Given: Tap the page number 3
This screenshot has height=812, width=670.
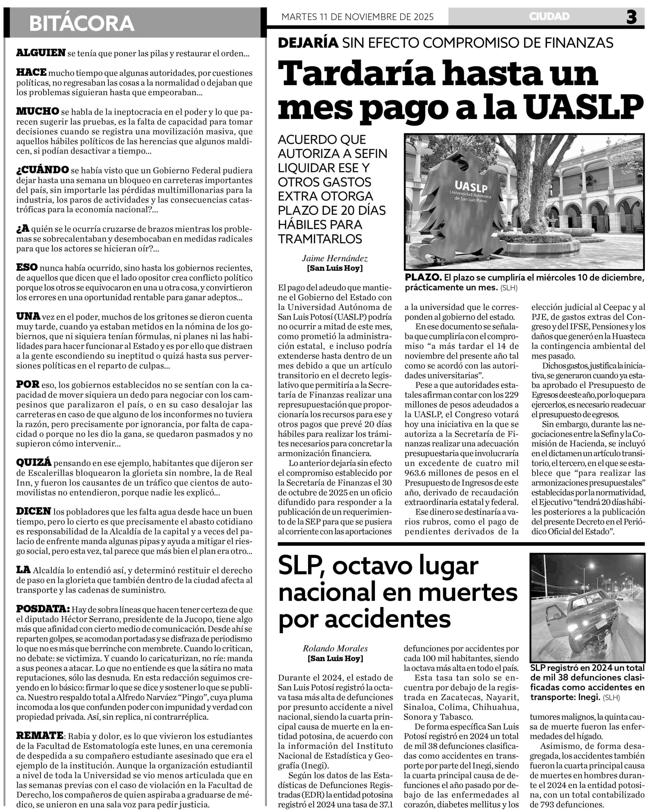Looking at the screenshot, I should click(631, 17).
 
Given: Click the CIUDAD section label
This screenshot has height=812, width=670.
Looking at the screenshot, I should click(549, 16).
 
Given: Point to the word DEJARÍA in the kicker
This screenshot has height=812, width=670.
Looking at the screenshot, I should click(308, 43).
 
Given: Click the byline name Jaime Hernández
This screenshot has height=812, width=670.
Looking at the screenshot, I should click(335, 259).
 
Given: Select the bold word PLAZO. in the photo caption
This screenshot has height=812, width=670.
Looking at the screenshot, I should click(423, 278).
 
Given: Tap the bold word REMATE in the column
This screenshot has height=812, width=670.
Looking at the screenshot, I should click(40, 736).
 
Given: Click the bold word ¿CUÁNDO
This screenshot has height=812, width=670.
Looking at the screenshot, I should click(43, 170).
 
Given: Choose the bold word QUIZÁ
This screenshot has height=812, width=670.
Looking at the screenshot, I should click(34, 462).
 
